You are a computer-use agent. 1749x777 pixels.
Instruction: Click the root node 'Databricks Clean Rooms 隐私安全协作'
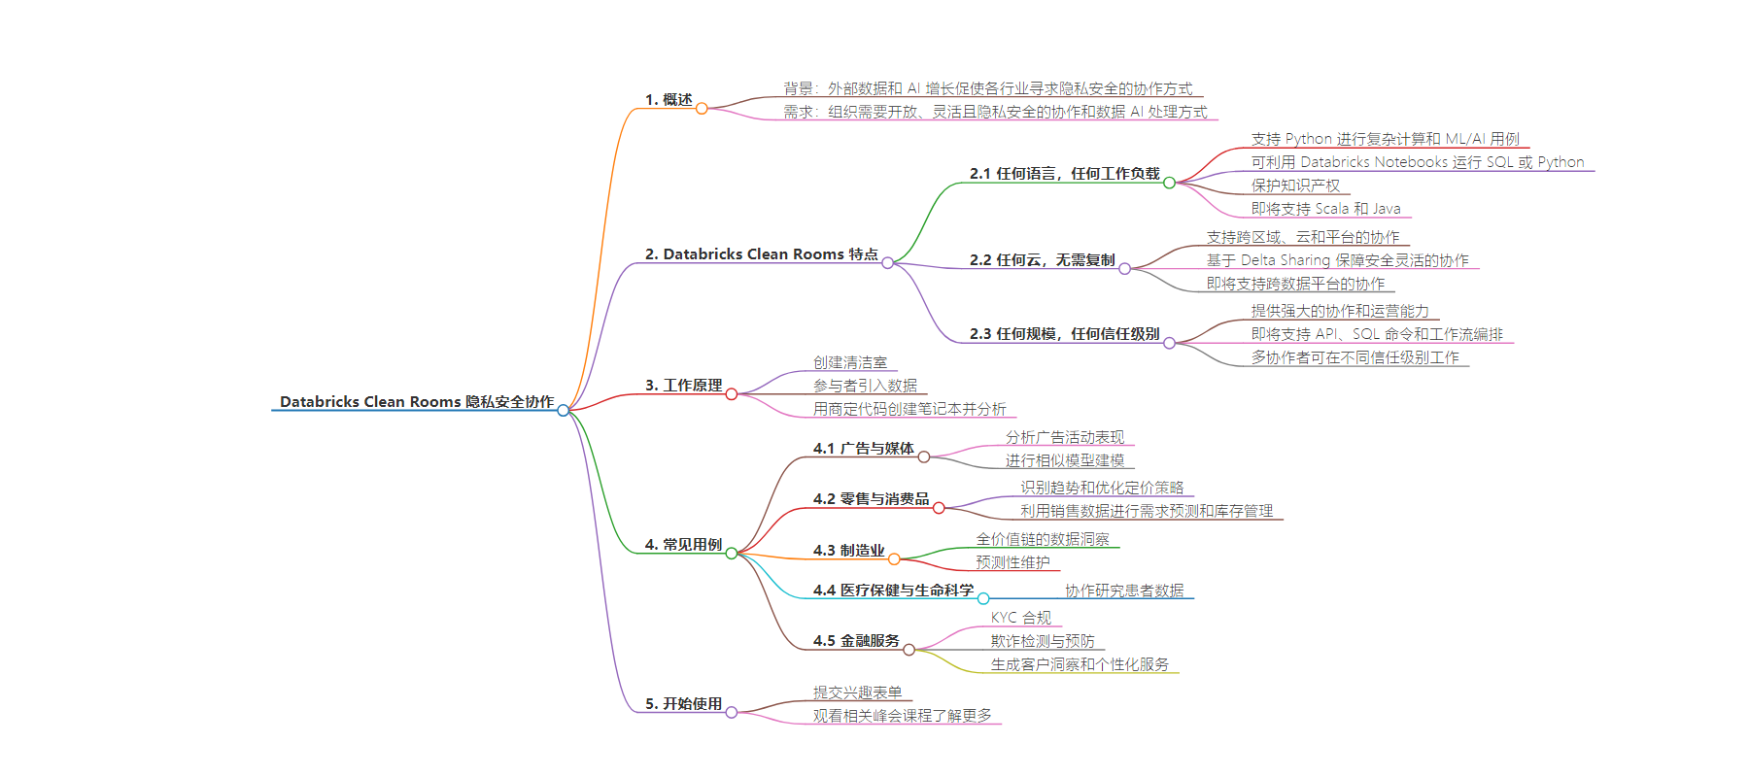click(x=416, y=401)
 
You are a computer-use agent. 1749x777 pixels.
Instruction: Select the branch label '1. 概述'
click(x=669, y=99)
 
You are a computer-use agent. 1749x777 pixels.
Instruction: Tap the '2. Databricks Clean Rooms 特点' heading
click(x=761, y=253)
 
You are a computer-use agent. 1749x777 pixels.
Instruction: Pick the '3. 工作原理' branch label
click(x=683, y=385)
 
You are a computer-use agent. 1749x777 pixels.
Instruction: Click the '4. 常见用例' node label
click(x=683, y=544)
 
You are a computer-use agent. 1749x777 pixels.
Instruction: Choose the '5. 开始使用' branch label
click(x=683, y=703)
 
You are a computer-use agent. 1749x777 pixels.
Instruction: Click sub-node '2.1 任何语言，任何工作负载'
click(x=1064, y=173)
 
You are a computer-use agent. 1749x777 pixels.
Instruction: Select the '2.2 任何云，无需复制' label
click(x=1042, y=259)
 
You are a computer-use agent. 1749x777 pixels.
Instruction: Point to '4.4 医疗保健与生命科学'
click(x=893, y=590)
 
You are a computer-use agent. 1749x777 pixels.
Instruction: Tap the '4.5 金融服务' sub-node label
click(x=856, y=640)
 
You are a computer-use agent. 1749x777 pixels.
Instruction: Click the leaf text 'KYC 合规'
click(x=1020, y=617)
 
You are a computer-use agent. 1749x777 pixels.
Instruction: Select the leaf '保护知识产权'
click(x=1295, y=185)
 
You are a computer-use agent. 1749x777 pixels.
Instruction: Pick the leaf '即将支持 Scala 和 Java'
click(x=1325, y=208)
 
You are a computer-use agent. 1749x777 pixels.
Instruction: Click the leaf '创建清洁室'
click(x=850, y=361)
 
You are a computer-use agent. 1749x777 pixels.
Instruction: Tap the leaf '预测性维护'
click(x=1012, y=561)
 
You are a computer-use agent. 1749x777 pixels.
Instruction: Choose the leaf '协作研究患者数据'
click(x=1124, y=590)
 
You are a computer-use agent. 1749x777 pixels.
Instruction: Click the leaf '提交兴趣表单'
click(x=857, y=692)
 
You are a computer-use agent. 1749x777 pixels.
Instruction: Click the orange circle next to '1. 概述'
click(x=702, y=108)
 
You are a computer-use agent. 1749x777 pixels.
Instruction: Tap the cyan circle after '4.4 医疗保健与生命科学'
click(x=983, y=598)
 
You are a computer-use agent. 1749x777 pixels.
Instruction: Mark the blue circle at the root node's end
click(x=564, y=410)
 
